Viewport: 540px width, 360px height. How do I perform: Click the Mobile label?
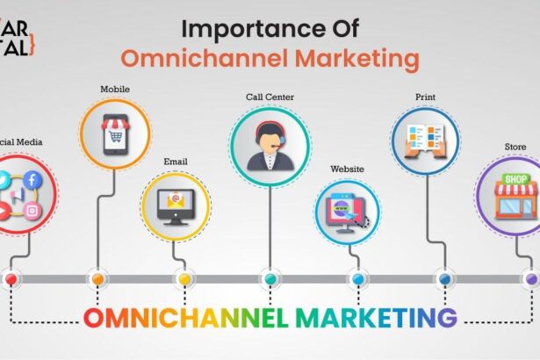(115, 90)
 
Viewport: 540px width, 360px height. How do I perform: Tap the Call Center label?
(270, 96)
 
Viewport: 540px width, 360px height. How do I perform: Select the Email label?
(176, 162)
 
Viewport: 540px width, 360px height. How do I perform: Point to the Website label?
(348, 169)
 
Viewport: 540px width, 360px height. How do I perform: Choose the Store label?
(515, 148)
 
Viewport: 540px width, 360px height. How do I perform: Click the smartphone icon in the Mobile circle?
(114, 134)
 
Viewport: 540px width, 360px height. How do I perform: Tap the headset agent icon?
(270, 144)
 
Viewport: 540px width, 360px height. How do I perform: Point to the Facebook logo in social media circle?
(32, 180)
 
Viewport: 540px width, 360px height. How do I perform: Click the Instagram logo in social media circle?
(32, 209)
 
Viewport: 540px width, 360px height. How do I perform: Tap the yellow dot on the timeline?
(184, 279)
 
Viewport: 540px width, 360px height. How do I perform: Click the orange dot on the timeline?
(97, 279)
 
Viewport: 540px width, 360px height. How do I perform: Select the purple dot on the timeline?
(531, 279)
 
